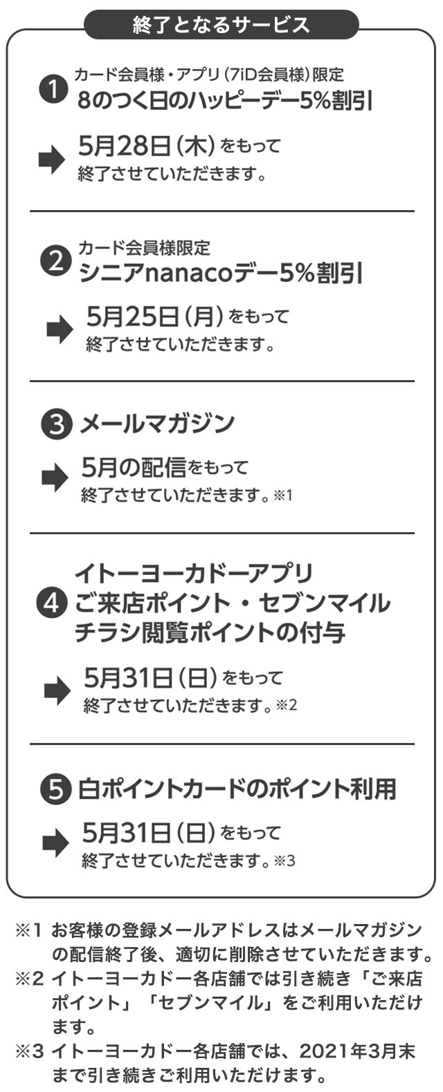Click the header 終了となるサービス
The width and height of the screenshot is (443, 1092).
pos(221,26)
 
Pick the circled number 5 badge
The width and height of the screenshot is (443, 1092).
pos(56,789)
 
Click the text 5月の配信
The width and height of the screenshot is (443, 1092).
pos(133,468)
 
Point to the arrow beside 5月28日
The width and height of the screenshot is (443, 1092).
pos(52,160)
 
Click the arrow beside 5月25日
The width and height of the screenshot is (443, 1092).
pos(60,330)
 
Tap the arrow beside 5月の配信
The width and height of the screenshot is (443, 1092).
pos(55,479)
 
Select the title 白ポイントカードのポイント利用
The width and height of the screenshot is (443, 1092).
pos(237,789)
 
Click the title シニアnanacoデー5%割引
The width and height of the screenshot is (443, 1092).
pos(220,273)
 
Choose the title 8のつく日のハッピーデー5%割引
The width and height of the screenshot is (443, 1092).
pos(225,102)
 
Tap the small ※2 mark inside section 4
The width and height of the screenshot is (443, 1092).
pos(286,705)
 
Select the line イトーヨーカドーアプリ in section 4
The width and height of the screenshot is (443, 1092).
pos(193,573)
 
